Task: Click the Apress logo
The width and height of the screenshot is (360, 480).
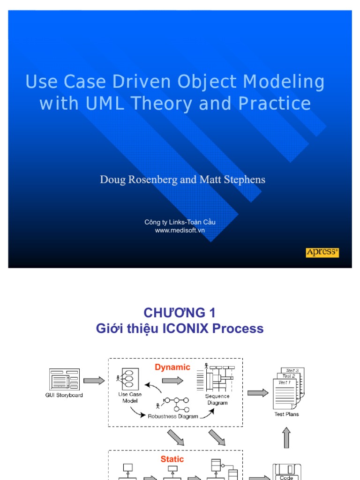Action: tap(322, 253)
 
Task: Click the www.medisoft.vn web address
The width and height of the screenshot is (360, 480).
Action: tap(180, 230)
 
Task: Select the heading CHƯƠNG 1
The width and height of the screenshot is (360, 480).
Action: tap(180, 313)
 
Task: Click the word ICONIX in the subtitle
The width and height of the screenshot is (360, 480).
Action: tap(186, 329)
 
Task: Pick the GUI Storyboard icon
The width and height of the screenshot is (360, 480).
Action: tap(64, 379)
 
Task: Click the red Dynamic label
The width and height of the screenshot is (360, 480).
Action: tap(172, 367)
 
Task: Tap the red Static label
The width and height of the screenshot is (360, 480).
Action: tap(172, 459)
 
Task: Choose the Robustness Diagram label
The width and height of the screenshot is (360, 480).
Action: tap(173, 416)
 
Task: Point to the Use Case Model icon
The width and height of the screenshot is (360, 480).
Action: tap(128, 378)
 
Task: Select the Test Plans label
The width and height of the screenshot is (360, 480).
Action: tap(286, 414)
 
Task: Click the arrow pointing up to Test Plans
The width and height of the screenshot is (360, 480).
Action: tap(286, 437)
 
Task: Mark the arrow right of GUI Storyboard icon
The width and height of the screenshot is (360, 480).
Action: tap(94, 381)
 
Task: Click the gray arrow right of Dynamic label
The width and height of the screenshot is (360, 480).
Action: tap(172, 381)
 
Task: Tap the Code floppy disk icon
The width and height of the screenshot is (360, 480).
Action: tap(286, 472)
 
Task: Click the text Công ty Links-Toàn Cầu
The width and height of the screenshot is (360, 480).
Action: tap(180, 222)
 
